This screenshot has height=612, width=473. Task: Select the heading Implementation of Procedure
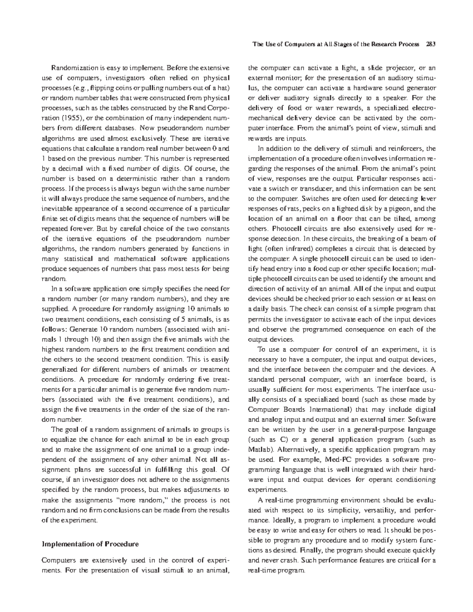click(x=90, y=544)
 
